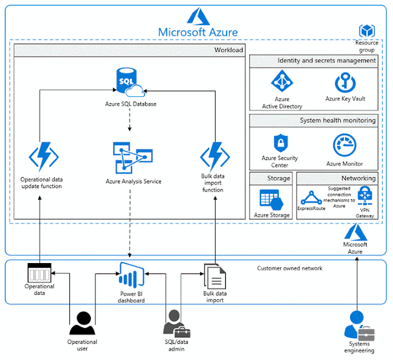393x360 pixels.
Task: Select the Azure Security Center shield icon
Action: pyautogui.click(x=280, y=143)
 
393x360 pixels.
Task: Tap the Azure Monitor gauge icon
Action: pyautogui.click(x=344, y=145)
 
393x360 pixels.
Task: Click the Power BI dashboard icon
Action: pyautogui.click(x=131, y=277)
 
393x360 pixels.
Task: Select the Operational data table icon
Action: pyautogui.click(x=40, y=272)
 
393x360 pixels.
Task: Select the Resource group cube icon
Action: pyautogui.click(x=367, y=31)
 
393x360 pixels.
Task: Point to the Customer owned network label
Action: pyautogui.click(x=290, y=268)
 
